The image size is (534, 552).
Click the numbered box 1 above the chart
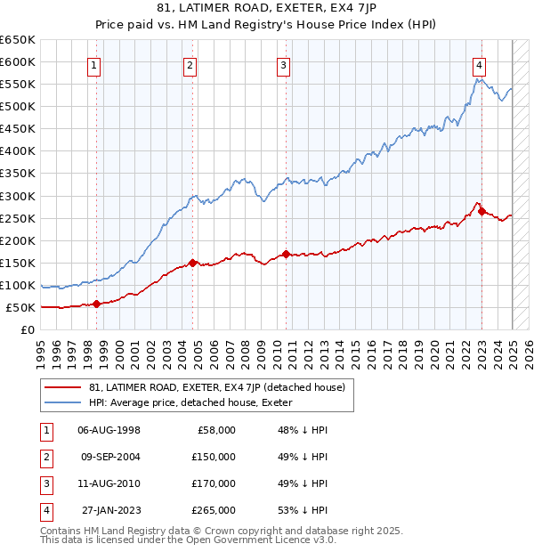point(93,64)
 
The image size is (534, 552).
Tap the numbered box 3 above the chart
point(283,64)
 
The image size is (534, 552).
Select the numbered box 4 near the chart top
point(479,64)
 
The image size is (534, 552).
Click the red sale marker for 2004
point(192,263)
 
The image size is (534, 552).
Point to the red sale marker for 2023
point(481,211)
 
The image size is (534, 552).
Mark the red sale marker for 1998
point(96,304)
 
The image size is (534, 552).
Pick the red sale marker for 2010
point(286,254)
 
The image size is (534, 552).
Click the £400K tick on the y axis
point(18,150)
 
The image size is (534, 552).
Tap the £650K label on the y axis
point(18,40)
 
